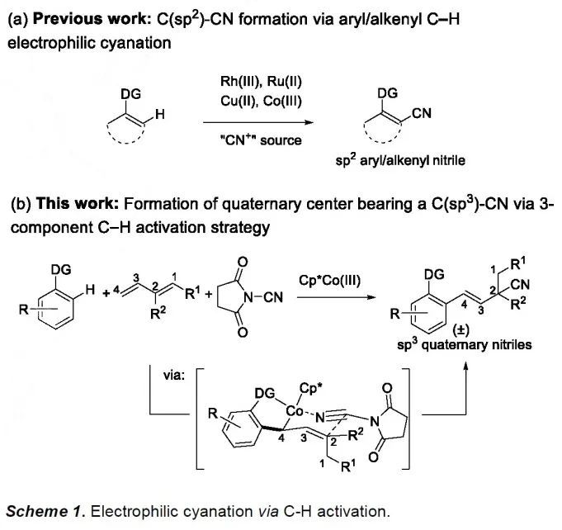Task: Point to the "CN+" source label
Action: [x=251, y=140]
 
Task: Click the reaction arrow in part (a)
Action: [x=251, y=121]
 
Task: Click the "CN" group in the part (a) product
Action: [x=422, y=114]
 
